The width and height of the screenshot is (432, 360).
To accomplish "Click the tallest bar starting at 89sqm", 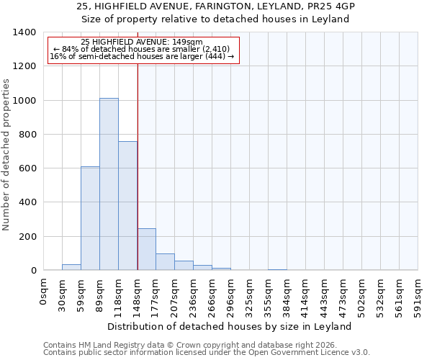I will pyautogui.click(x=109, y=184).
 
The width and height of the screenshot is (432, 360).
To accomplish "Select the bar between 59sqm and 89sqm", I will pyautogui.click(x=90, y=218).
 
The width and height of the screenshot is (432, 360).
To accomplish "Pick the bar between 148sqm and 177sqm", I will pyautogui.click(x=146, y=249).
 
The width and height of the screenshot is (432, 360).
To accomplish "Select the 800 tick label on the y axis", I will pyautogui.click(x=27, y=135).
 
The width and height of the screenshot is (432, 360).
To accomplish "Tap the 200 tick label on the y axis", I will pyautogui.click(x=27, y=237).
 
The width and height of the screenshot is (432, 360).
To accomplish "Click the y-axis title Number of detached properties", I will pyautogui.click(x=6, y=151).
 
